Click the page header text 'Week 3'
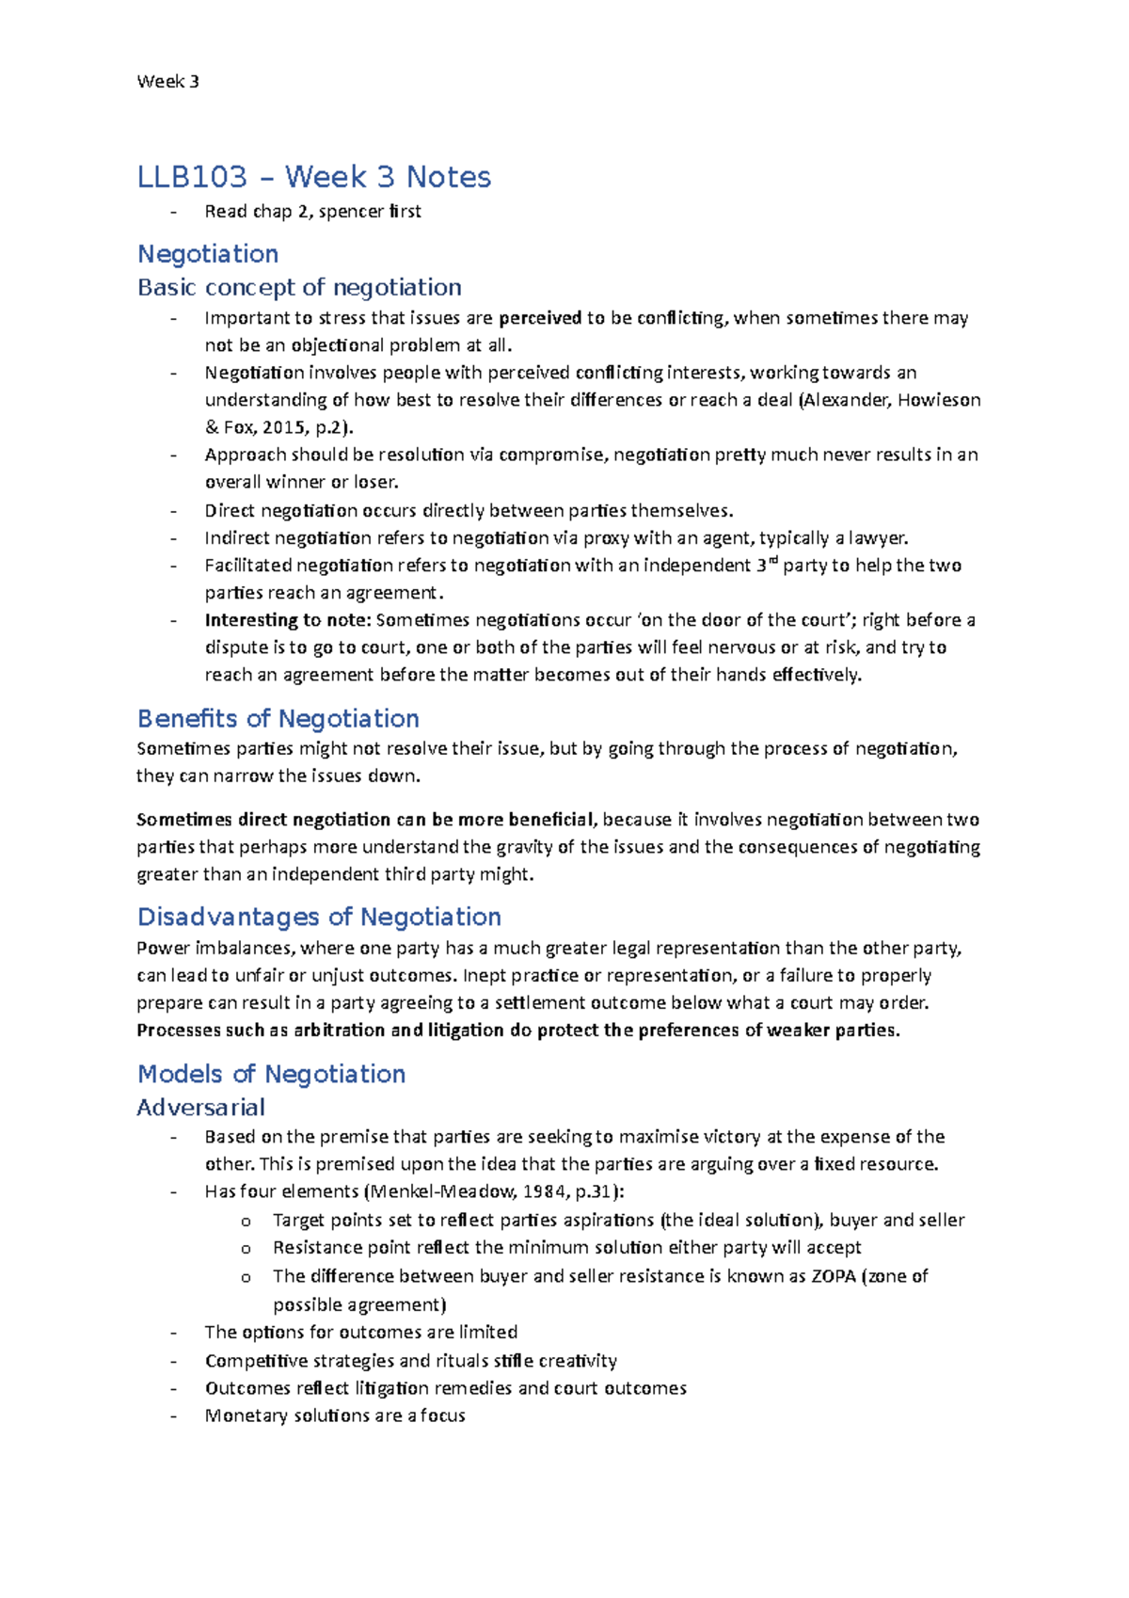[167, 82]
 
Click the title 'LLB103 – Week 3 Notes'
[314, 177]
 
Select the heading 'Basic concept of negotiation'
[299, 287]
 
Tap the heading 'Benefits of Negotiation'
[278, 718]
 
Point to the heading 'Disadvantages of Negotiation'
[319, 917]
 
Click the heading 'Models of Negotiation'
[271, 1074]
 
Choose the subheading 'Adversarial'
[200, 1107]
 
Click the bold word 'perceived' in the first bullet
[540, 318]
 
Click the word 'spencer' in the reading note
[351, 212]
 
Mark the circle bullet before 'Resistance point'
[246, 1249]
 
